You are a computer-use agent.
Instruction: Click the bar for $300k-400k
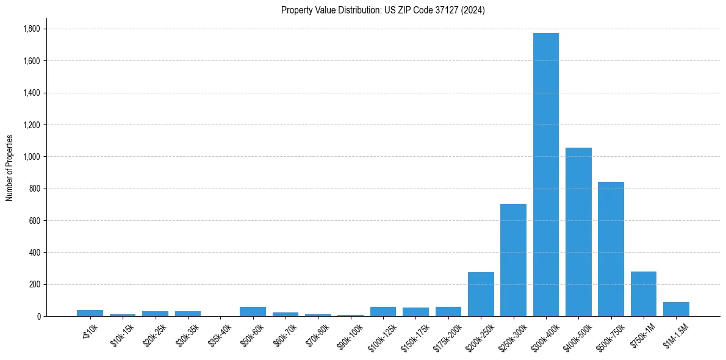(545, 175)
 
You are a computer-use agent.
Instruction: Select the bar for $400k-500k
(578, 232)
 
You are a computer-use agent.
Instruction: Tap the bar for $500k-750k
(611, 249)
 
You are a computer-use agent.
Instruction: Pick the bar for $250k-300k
(513, 260)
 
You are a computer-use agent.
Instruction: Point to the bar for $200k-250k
(481, 294)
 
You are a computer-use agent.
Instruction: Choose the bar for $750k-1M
(644, 294)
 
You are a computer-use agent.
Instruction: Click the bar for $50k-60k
(253, 311)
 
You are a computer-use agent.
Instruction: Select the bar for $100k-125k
(383, 311)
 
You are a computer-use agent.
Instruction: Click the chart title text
(383, 10)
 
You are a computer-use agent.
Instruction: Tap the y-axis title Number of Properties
(10, 167)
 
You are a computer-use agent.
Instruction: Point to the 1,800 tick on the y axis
(31, 29)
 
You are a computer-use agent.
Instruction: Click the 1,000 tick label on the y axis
(31, 157)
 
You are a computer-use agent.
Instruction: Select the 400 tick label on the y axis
(34, 253)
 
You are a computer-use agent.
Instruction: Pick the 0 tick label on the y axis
(38, 316)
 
